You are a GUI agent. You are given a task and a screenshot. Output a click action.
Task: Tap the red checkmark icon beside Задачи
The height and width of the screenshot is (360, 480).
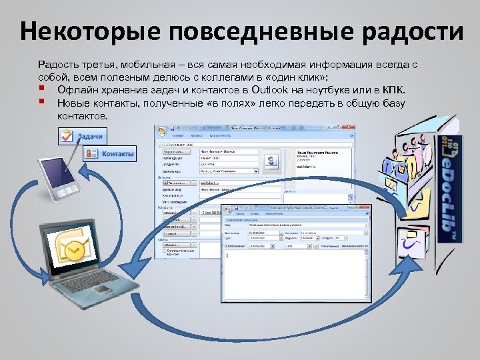click(x=67, y=135)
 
